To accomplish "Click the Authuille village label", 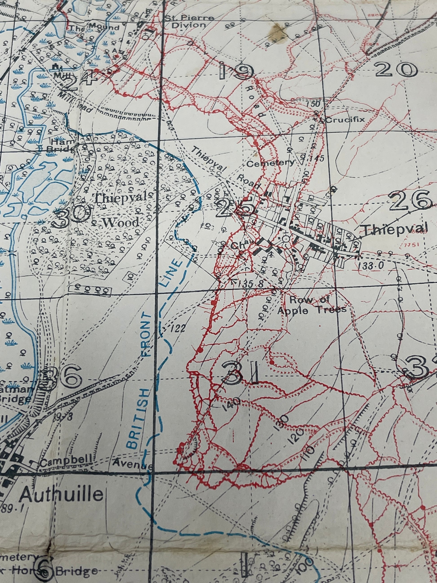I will pyautogui.click(x=62, y=494).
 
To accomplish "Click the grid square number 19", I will pyautogui.click(x=236, y=72).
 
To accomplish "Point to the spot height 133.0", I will pyautogui.click(x=371, y=266).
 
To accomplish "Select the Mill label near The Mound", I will pyautogui.click(x=60, y=75).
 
